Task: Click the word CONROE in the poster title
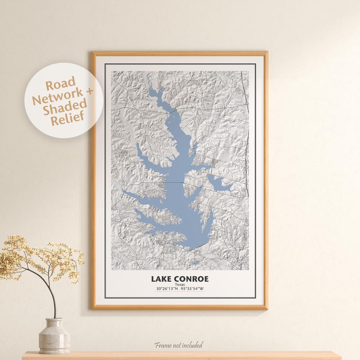pyautogui.click(x=191, y=279)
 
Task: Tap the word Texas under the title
pyautogui.click(x=180, y=285)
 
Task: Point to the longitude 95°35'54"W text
pyautogui.click(x=193, y=289)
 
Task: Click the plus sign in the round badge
pyautogui.click(x=90, y=91)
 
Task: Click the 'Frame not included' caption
pyautogui.click(x=178, y=345)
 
